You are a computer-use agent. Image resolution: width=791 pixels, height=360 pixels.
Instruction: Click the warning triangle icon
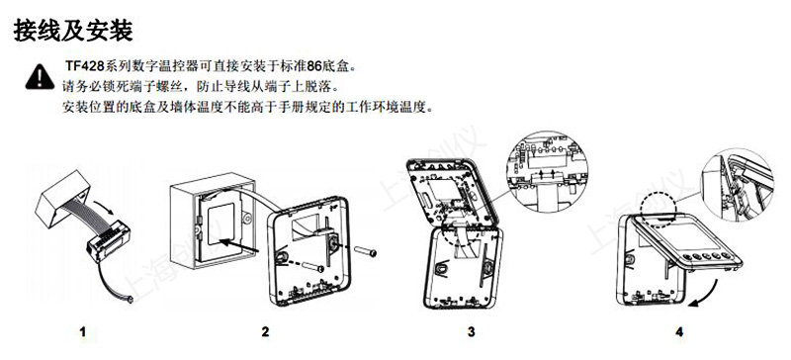click(40, 74)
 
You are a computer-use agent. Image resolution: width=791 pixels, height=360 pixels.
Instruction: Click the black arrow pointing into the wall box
click(231, 239)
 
